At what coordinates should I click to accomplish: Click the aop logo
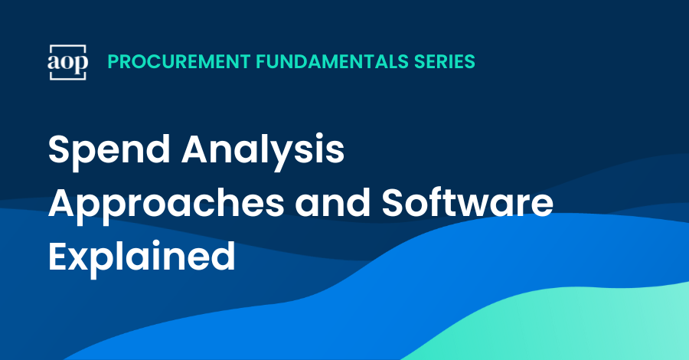(x=67, y=62)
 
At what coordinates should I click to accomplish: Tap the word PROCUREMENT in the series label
(x=179, y=61)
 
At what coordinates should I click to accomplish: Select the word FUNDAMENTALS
(x=332, y=61)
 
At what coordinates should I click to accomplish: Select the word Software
(x=467, y=203)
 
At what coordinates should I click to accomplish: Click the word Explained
(x=142, y=258)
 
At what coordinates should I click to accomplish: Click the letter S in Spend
(x=60, y=149)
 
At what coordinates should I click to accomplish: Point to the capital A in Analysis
(x=197, y=149)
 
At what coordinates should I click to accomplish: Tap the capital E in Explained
(x=58, y=257)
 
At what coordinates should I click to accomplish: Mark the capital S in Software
(x=393, y=203)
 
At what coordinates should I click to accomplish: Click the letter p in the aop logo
(x=80, y=65)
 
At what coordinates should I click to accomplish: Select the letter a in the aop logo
(x=53, y=63)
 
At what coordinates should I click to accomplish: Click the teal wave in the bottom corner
(x=571, y=326)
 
